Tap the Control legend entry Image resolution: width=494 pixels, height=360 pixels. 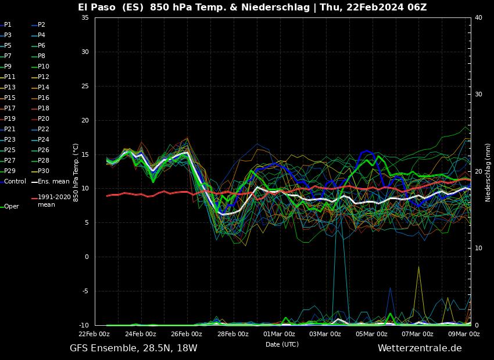point(15,181)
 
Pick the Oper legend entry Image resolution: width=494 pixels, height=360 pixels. point(11,206)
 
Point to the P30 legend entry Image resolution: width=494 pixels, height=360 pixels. point(44,171)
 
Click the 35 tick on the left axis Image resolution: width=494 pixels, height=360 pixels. point(85,17)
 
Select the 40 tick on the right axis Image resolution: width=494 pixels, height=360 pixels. point(478,17)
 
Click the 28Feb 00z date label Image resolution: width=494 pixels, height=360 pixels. point(232,334)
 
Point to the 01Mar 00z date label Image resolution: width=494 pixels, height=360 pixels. point(279,334)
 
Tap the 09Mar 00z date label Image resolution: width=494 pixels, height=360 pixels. point(464,334)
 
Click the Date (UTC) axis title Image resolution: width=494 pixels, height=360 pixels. point(282,344)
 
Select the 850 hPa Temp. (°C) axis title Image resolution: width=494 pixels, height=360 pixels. point(76,171)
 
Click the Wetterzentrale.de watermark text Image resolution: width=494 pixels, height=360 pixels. point(420,348)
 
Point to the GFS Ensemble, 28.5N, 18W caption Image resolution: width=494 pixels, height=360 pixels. point(133,348)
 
